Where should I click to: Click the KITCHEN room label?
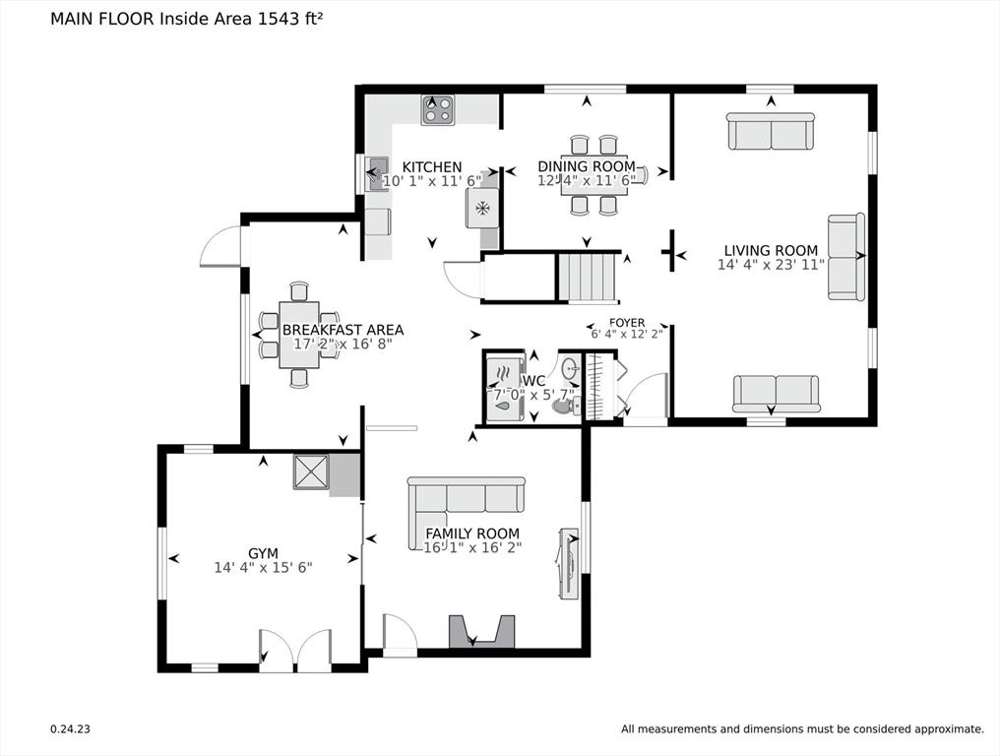pyautogui.click(x=432, y=167)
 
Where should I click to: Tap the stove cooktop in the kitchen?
pyautogui.click(x=437, y=109)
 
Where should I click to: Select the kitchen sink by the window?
pyautogui.click(x=377, y=173)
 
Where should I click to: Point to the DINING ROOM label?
pyautogui.click(x=587, y=166)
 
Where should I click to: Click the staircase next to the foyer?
pyautogui.click(x=589, y=277)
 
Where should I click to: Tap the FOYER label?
pyautogui.click(x=627, y=323)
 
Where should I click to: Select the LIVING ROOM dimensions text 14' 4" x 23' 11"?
pyautogui.click(x=771, y=265)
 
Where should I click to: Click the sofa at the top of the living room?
pyautogui.click(x=771, y=132)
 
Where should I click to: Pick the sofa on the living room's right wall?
pyautogui.click(x=846, y=257)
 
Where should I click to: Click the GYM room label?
pyautogui.click(x=264, y=554)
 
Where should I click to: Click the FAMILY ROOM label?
pyautogui.click(x=472, y=534)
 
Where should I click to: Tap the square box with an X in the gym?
pyautogui.click(x=311, y=472)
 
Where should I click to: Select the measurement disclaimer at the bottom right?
pyautogui.click(x=802, y=729)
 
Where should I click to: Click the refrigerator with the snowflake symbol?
pyautogui.click(x=483, y=208)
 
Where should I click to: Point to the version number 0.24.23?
pyautogui.click(x=70, y=729)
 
